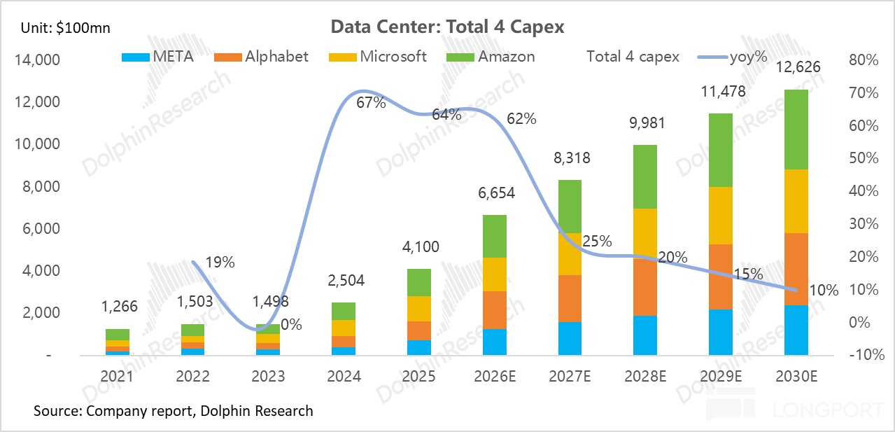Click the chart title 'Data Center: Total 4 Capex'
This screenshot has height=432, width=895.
[446, 27]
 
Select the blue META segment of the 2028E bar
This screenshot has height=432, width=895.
[644, 335]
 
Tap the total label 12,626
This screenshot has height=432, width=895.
[798, 67]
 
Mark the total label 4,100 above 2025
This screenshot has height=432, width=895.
[420, 246]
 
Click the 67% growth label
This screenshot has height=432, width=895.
[371, 103]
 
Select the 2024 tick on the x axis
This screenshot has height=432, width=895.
[344, 377]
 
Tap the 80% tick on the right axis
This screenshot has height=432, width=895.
[863, 61]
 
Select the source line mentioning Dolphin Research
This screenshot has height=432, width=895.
[173, 411]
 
